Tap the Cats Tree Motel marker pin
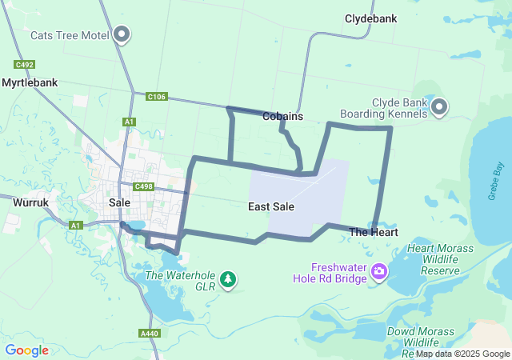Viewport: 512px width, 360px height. click(x=122, y=34)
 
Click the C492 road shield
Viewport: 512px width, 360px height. click(x=24, y=64)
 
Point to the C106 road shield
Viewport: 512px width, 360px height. click(x=157, y=97)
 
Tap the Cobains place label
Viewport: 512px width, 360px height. click(x=282, y=116)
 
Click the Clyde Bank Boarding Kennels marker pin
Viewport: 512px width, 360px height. click(x=440, y=107)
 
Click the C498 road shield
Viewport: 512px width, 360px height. click(x=144, y=186)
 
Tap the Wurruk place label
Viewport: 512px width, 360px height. click(x=32, y=203)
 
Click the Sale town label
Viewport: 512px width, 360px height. click(x=119, y=203)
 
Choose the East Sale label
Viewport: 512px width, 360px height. click(x=271, y=206)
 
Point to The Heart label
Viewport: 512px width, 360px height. click(x=374, y=232)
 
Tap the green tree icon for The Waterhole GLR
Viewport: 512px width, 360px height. click(x=229, y=278)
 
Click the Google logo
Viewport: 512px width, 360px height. click(x=26, y=350)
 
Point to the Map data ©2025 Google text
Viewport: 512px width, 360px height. click(x=462, y=354)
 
